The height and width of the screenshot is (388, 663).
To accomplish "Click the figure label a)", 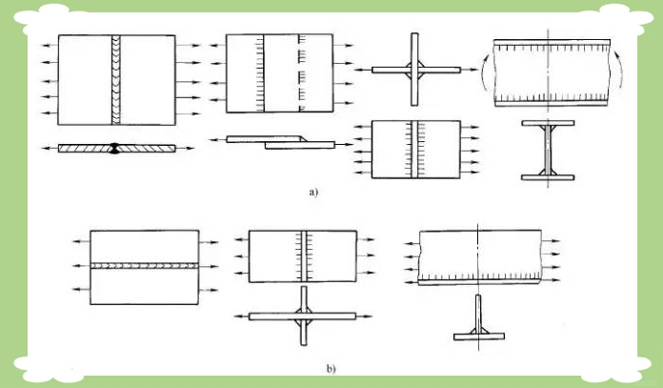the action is click(313, 193).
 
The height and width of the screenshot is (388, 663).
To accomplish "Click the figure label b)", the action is click(331, 369).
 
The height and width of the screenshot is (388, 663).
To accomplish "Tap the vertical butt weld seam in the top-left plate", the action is click(116, 80).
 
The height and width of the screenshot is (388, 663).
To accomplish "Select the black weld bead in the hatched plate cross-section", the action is click(114, 148).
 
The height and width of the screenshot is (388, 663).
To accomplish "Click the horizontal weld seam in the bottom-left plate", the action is click(144, 266).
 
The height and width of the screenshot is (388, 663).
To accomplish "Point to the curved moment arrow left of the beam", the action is click(486, 71).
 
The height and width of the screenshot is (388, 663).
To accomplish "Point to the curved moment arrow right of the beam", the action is click(618, 70).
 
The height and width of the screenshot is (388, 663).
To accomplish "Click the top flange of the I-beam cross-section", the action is click(548, 123).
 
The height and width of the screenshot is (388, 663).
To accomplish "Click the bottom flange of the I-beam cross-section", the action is click(548, 177).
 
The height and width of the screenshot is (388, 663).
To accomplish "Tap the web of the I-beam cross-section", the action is click(548, 151).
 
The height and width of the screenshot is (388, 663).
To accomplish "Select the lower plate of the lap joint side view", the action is click(300, 145).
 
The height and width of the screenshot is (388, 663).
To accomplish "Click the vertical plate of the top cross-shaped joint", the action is click(414, 70).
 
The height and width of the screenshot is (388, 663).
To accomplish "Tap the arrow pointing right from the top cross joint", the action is click(470, 70).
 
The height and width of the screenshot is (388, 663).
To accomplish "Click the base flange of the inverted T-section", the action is click(479, 337).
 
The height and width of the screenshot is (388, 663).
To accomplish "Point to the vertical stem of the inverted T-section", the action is click(478, 315).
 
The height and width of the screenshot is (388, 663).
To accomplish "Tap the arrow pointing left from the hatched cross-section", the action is click(50, 149).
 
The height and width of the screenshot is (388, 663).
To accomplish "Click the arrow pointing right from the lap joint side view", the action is click(344, 145).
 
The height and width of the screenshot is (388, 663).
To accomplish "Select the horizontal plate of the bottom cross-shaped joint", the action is click(302, 317).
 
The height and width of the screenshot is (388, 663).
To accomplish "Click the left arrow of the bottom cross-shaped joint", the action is click(241, 317).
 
